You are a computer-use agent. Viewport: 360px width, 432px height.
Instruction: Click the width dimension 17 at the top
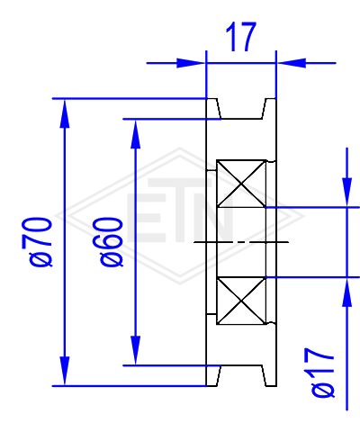(x=241, y=37)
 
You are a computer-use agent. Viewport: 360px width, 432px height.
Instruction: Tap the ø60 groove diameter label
(x=112, y=242)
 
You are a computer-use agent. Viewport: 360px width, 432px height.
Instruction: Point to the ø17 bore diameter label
(x=322, y=373)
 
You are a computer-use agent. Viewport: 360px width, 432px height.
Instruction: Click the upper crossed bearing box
(x=241, y=184)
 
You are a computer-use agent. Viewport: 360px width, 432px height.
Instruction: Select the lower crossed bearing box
(x=241, y=301)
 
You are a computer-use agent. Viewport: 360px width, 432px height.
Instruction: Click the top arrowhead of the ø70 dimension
(x=65, y=113)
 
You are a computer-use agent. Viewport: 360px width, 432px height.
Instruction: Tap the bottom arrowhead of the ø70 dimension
(x=65, y=372)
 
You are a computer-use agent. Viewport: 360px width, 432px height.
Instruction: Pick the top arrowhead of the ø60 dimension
(x=136, y=134)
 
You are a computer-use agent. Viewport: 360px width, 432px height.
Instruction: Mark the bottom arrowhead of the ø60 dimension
(x=136, y=350)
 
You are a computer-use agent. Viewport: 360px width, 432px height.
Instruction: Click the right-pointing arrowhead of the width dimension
(x=191, y=63)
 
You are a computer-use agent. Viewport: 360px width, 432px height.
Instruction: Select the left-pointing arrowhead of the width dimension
(x=292, y=63)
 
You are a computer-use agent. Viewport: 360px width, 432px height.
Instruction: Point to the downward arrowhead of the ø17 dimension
(x=347, y=193)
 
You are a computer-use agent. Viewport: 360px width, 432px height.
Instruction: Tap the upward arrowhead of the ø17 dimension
(x=347, y=292)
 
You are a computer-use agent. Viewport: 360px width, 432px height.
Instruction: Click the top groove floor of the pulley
(x=241, y=119)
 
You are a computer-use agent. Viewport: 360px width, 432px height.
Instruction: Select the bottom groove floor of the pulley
(x=241, y=365)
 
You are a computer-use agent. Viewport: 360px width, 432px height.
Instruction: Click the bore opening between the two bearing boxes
(x=241, y=242)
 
